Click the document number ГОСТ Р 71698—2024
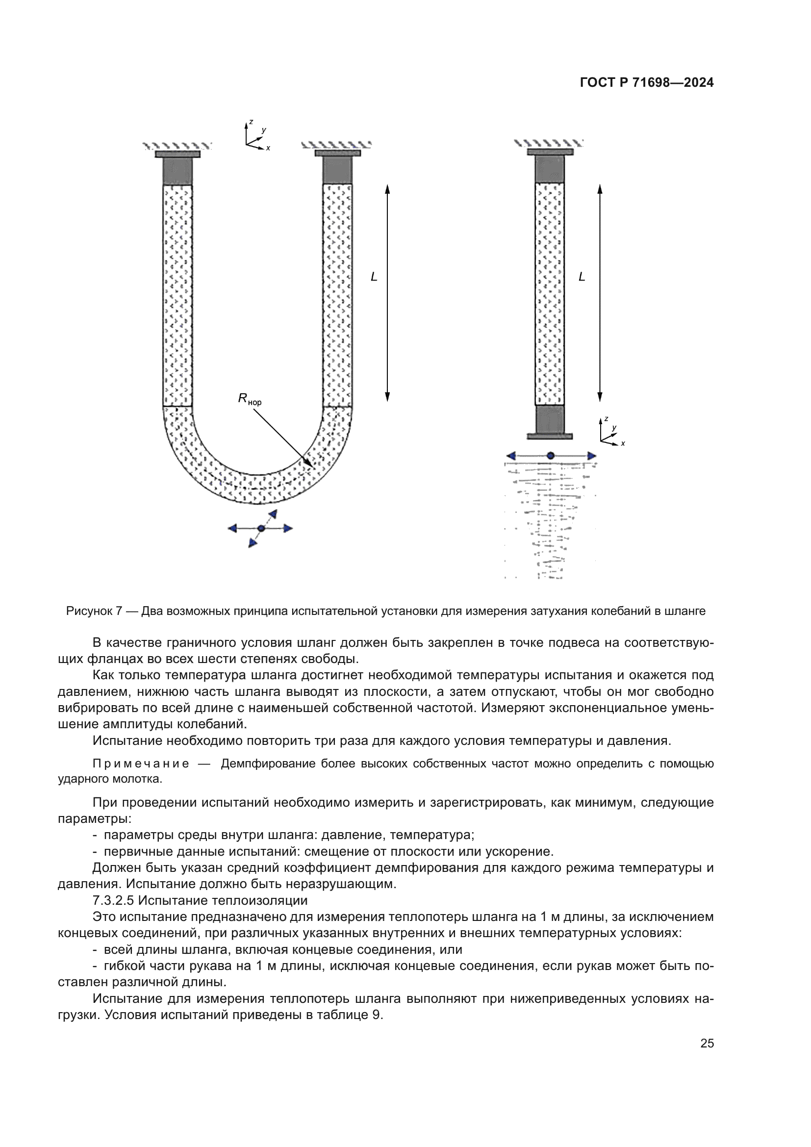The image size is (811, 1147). point(647,83)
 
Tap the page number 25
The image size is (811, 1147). point(707,1043)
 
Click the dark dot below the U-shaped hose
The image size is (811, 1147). point(261,529)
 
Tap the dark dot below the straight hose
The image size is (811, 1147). point(550,456)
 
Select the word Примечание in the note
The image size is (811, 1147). point(141,764)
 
